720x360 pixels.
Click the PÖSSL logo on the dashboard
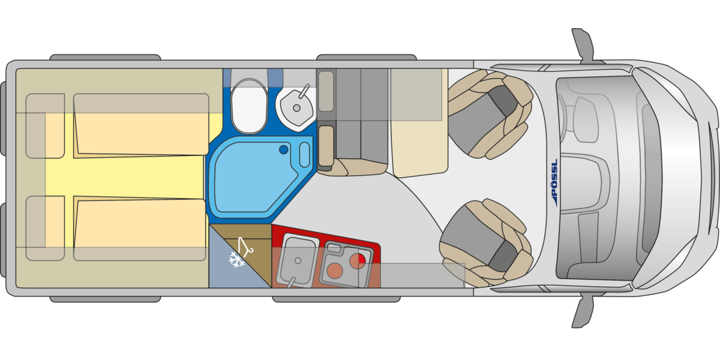[x=554, y=182]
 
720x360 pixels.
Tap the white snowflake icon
[x=236, y=260]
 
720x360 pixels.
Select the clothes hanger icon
[x=245, y=247]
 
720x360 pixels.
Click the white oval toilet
[x=249, y=106]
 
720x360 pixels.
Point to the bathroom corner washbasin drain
[x=296, y=109]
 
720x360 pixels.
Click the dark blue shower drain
[x=283, y=149]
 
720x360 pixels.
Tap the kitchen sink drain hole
[x=298, y=260]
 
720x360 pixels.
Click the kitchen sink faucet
[x=292, y=282]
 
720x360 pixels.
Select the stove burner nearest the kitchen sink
[x=334, y=271]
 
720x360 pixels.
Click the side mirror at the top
[x=583, y=45]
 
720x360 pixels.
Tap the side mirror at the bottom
[x=583, y=311]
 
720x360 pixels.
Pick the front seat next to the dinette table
[x=490, y=114]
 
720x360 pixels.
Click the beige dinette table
[x=419, y=122]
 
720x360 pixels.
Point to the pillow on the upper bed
[x=46, y=126]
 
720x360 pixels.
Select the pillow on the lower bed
[x=46, y=228]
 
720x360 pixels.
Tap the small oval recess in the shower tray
[x=304, y=155]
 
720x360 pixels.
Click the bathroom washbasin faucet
[x=304, y=91]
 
